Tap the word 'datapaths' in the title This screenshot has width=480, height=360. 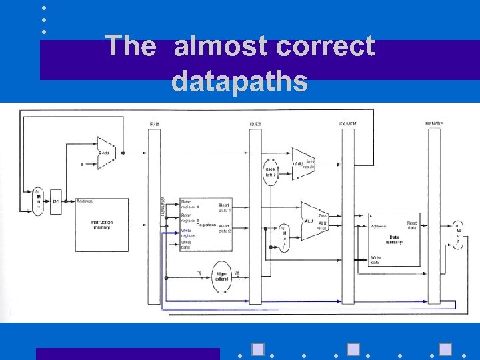click(239, 81)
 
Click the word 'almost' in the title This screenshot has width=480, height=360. click(220, 47)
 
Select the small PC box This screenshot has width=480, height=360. click(56, 201)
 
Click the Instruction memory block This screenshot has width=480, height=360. click(102, 225)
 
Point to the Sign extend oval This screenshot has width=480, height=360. click(221, 275)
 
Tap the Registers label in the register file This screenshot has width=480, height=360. click(206, 225)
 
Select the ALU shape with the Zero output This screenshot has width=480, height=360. click(313, 221)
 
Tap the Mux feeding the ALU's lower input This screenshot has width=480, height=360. click(285, 237)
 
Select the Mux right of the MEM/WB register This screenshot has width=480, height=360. click(457, 235)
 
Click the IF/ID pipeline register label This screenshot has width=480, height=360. click(155, 124)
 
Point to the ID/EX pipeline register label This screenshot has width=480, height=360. click(255, 124)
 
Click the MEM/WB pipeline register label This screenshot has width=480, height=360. click(434, 124)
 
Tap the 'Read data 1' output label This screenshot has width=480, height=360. click(225, 206)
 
